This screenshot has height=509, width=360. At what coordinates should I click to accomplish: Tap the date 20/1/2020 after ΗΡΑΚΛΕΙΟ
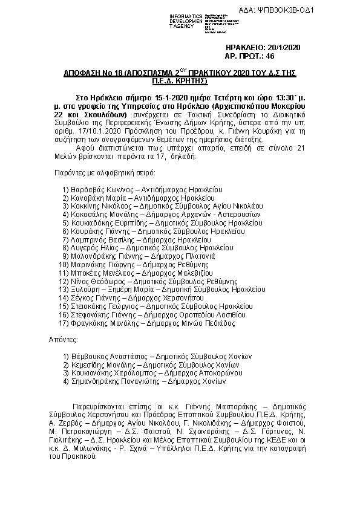(284, 47)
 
